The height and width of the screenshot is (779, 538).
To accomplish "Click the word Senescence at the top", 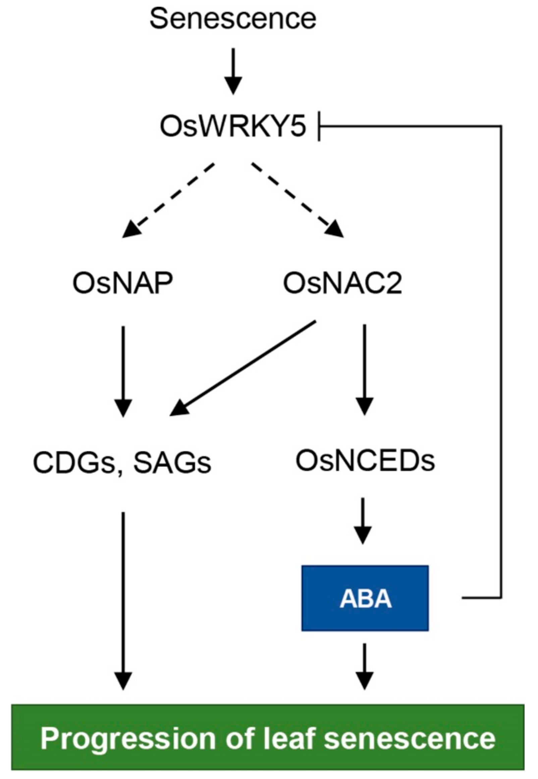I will pos(233,19).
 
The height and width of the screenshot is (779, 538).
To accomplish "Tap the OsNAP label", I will pos(123,283).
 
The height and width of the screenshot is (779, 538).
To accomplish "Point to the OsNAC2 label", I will pos(342,283).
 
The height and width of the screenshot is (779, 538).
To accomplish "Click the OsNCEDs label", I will pos(365,461).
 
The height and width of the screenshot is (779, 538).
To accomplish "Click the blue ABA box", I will pos(365,598).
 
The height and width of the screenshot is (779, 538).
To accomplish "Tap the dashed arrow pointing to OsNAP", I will pos(169,200).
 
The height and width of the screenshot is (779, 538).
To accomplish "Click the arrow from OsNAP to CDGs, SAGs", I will pos(123,370).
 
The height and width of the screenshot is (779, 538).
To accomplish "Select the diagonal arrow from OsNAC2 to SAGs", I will pos(243,369).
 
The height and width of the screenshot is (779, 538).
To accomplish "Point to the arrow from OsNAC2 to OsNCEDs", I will pos(365,369).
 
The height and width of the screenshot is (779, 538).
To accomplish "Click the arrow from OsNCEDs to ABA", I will pos(363,520).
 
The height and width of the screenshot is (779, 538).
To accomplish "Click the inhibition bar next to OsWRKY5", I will pos(319,127).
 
